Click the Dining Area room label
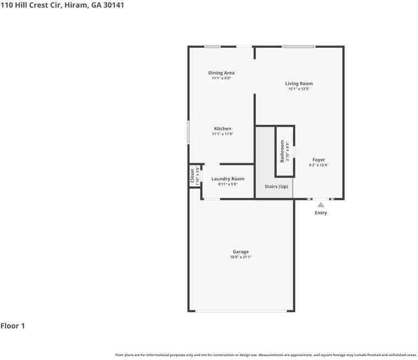(221, 73)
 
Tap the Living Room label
(299, 84)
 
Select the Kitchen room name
(223, 129)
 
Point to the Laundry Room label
(228, 179)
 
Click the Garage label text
(241, 252)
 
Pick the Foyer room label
(318, 160)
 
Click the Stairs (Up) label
(276, 186)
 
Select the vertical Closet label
(192, 176)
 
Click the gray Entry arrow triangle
(321, 204)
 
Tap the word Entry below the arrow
(321, 213)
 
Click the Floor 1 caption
(13, 326)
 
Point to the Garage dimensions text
(241, 257)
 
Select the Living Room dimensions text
(299, 88)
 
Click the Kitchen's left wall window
(188, 132)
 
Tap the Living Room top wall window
(299, 47)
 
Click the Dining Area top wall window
(212, 47)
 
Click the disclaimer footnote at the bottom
(266, 355)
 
